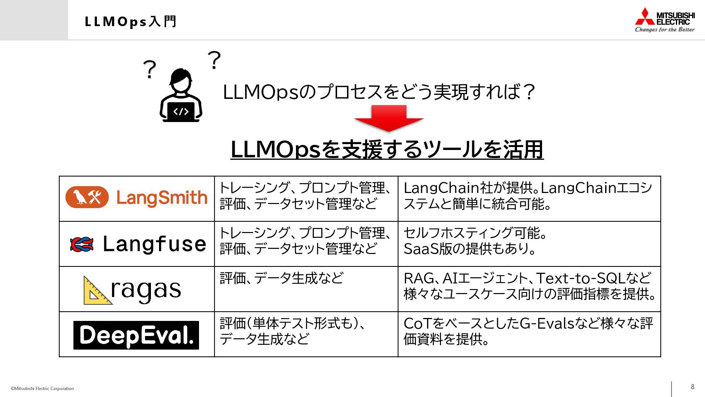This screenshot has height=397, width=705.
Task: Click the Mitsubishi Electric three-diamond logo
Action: [645, 17]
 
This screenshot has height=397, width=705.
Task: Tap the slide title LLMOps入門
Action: [131, 22]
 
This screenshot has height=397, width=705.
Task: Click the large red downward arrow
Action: [389, 118]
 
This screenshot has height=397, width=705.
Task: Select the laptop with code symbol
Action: [181, 112]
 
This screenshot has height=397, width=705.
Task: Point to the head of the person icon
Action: [181, 80]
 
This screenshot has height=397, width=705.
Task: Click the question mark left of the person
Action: [149, 69]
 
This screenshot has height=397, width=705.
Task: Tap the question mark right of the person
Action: [214, 60]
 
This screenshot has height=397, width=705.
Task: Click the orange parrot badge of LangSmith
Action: [87, 197]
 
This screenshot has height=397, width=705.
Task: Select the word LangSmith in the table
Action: [162, 198]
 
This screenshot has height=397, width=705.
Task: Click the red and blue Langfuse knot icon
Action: [82, 244]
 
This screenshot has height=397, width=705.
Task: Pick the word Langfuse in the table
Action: [154, 244]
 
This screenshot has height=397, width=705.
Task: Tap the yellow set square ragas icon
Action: [96, 291]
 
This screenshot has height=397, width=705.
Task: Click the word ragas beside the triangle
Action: [146, 290]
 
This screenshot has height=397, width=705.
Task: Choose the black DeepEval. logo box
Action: [136, 335]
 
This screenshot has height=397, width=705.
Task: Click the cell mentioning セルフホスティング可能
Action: [529, 244]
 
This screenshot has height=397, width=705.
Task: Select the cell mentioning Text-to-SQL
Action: [529, 289]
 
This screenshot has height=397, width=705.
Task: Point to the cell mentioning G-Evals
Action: [529, 334]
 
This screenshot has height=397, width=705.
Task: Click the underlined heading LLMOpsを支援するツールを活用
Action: [387, 150]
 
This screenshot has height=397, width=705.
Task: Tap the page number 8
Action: [693, 387]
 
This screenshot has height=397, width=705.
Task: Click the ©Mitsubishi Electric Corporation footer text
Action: [42, 389]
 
